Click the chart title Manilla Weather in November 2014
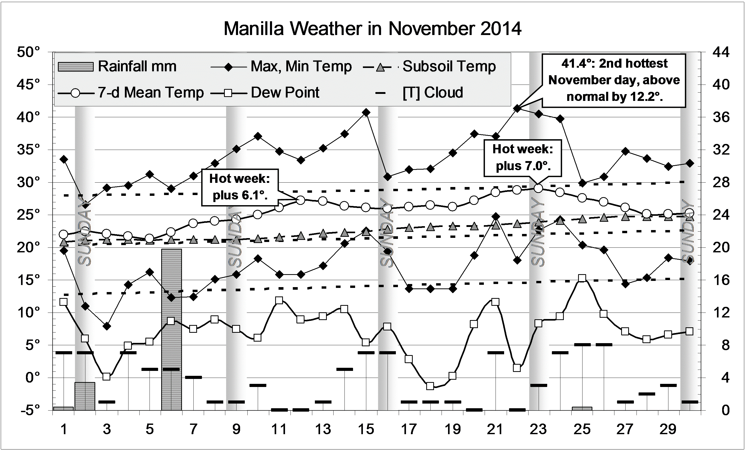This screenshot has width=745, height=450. tap(372, 29)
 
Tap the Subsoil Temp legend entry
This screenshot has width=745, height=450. tap(429, 66)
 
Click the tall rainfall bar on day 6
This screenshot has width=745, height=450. tap(171, 329)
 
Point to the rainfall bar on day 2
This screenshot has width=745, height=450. tap(85, 396)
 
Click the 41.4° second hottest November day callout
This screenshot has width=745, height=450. tap(614, 80)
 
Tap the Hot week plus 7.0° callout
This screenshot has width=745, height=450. tap(523, 157)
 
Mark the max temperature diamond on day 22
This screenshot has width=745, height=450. tap(517, 108)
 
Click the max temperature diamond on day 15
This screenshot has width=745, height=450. tap(366, 112)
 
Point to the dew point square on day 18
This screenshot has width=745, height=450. tap(430, 386)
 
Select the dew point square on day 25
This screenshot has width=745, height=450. tap(582, 278)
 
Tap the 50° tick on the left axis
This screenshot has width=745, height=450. tap(28, 52)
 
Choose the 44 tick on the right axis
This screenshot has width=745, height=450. tap(721, 52)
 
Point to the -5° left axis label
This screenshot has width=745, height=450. tap(28, 410)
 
